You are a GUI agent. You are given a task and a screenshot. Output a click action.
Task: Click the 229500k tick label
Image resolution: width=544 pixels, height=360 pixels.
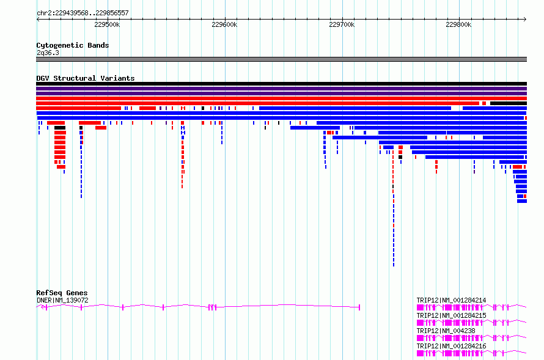tap(107, 24)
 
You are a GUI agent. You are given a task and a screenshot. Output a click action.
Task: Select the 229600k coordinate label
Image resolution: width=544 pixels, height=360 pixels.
tap(224, 24)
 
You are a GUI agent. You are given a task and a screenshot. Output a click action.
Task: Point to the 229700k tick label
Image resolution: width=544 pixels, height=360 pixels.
tap(342, 24)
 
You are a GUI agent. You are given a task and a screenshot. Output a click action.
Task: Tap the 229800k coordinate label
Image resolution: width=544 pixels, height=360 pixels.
tap(458, 24)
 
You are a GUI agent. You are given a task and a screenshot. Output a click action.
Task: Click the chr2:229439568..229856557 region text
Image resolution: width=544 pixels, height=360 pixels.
tap(83, 13)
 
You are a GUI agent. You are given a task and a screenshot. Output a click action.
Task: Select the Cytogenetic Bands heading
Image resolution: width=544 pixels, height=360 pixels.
tap(73, 45)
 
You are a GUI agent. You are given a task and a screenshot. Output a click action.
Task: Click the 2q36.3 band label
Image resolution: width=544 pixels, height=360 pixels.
tap(48, 53)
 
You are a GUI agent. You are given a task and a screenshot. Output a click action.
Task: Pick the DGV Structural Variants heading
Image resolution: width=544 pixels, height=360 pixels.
tap(86, 78)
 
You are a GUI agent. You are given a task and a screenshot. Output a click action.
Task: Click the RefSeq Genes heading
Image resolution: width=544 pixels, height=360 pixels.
tap(62, 293)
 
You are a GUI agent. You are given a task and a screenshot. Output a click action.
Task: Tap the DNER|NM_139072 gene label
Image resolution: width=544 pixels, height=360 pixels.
tap(62, 300)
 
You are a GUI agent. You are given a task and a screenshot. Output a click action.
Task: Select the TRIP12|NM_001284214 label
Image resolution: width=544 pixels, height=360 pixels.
tap(451, 300)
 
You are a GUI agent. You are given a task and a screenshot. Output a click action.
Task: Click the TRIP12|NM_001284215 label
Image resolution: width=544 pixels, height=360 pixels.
tap(451, 315)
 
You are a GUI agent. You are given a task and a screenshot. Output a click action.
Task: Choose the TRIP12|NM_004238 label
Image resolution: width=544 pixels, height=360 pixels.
tap(446, 331)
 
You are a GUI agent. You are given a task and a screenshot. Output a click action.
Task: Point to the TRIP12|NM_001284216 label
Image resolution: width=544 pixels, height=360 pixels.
tap(451, 346)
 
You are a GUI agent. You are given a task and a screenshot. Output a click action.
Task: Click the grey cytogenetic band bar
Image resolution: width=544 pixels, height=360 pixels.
tap(281, 59)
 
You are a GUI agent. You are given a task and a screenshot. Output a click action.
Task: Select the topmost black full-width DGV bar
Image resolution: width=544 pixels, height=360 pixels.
tap(281, 84)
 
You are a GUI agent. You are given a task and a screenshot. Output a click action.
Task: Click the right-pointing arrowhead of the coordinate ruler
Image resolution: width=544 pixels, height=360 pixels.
tap(525, 19)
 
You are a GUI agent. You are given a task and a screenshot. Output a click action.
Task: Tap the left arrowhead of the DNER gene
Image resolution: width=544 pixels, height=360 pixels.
tap(39, 307)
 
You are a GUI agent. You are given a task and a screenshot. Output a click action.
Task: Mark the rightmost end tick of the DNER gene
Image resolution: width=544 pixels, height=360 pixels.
tap(359, 307)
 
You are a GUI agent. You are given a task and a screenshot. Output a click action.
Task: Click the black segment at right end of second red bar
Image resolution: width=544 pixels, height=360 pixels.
tap(509, 103)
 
